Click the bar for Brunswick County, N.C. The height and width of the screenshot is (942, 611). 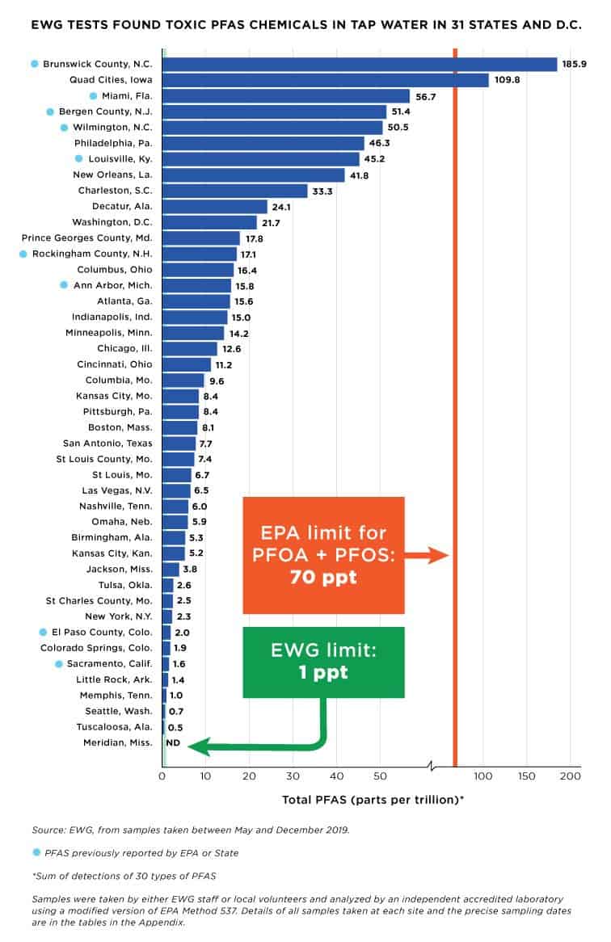(360, 64)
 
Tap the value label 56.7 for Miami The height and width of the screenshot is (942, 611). (426, 96)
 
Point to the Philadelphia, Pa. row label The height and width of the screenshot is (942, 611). (118, 143)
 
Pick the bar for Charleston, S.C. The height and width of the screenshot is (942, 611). (235, 191)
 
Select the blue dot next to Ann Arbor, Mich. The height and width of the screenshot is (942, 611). (64, 285)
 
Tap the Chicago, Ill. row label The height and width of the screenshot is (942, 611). (125, 348)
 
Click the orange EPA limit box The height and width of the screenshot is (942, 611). (323, 555)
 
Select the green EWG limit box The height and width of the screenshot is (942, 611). (323, 660)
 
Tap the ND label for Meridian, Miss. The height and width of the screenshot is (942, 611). (172, 742)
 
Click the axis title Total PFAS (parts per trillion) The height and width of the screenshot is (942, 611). (373, 800)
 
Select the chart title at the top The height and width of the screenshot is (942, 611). (305, 25)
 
